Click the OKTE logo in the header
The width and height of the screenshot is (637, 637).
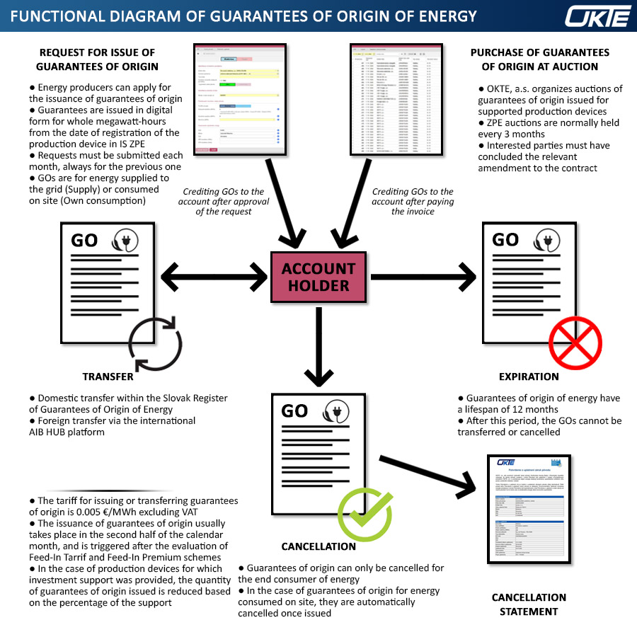pos(598,16)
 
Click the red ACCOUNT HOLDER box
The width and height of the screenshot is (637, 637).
pos(318,277)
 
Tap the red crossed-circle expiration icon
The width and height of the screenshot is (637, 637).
pos(575,341)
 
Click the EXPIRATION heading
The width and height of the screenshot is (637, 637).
pos(528,377)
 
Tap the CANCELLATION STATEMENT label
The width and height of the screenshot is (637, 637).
pos(529,604)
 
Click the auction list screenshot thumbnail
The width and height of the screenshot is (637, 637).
pos(394,100)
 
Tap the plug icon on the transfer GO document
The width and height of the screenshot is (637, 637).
pos(126,240)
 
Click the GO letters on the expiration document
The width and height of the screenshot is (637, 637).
pos(505,240)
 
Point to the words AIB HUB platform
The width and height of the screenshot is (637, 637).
pos(67,432)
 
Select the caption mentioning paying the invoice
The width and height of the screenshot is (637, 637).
pos(413,201)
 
